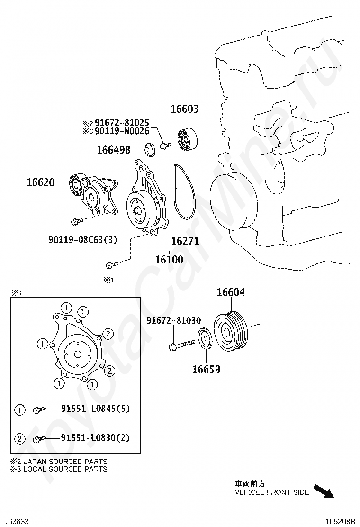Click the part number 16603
[185, 109]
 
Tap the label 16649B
[114, 150]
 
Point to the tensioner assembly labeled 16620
[93, 193]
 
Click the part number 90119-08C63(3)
[83, 240]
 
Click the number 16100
[169, 259]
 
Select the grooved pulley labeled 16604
[231, 331]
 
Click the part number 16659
[206, 369]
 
